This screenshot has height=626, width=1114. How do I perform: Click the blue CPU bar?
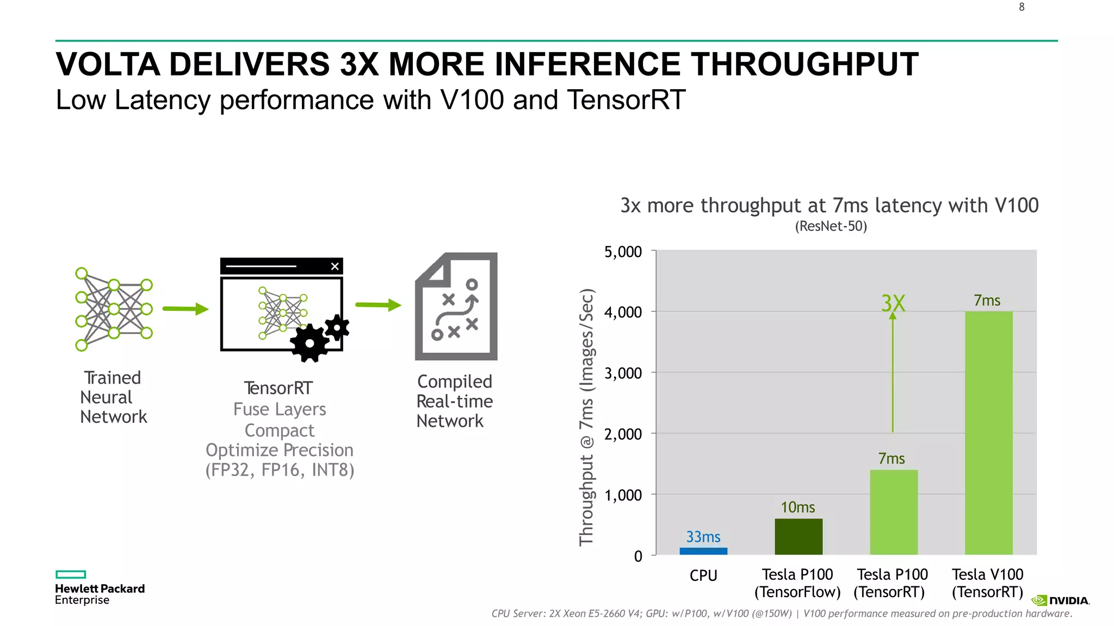pyautogui.click(x=703, y=551)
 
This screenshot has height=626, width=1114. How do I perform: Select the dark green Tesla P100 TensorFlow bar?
pyautogui.click(x=798, y=536)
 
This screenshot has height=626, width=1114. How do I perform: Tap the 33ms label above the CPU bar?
pyautogui.click(x=703, y=537)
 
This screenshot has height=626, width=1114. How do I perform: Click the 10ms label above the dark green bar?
pyautogui.click(x=797, y=507)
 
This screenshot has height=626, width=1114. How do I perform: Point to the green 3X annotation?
pyautogui.click(x=893, y=303)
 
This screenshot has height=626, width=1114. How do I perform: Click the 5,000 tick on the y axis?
pyautogui.click(x=623, y=252)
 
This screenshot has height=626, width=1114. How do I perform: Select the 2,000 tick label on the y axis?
pyautogui.click(x=623, y=434)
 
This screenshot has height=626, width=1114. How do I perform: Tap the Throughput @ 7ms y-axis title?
pyautogui.click(x=586, y=417)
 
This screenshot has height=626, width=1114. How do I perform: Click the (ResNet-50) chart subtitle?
pyautogui.click(x=831, y=226)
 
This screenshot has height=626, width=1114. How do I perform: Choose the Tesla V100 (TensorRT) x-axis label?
pyautogui.click(x=987, y=583)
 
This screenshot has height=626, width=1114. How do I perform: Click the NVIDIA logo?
pyautogui.click(x=1060, y=600)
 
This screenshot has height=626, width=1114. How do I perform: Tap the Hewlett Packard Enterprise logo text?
pyautogui.click(x=100, y=594)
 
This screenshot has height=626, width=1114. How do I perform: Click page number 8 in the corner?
pyautogui.click(x=1022, y=7)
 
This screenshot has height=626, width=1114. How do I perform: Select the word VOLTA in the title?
pyautogui.click(x=108, y=64)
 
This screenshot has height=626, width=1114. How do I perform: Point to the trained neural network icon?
pyautogui.click(x=114, y=309)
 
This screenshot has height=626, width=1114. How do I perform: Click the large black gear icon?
pyautogui.click(x=309, y=343)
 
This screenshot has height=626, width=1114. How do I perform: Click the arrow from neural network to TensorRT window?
pyautogui.click(x=185, y=309)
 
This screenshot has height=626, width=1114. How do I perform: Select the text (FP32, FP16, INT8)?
pyautogui.click(x=280, y=470)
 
